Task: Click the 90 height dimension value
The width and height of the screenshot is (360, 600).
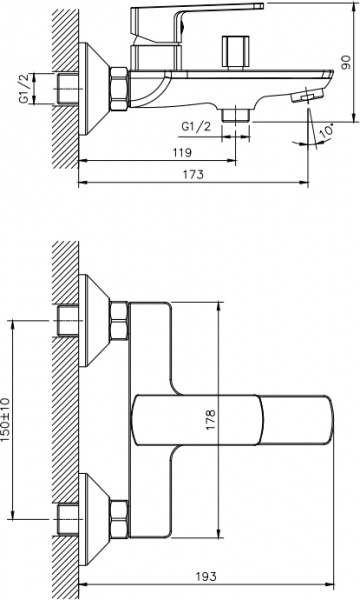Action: (345, 62)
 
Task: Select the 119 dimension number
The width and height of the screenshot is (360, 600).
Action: (182, 152)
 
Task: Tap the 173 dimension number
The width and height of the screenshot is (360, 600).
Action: (193, 174)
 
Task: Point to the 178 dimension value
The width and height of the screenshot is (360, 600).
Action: (211, 420)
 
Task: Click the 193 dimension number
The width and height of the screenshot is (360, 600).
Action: (206, 576)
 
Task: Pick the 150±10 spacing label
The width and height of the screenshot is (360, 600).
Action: (7, 420)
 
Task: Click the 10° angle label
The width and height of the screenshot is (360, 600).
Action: (325, 130)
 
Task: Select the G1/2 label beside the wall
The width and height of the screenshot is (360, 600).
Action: (24, 88)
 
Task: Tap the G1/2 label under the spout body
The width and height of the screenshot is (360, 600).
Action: (196, 126)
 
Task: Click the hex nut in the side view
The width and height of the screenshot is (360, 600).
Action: (119, 89)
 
